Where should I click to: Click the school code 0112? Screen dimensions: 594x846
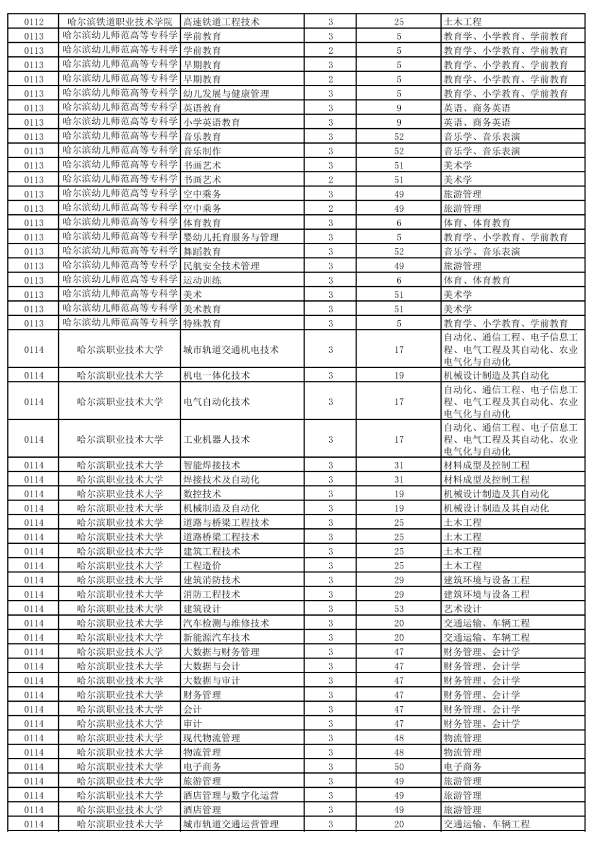pos(34,22)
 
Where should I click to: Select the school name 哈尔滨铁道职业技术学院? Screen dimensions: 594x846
pos(120,22)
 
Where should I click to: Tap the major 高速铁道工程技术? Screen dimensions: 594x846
pos(221,22)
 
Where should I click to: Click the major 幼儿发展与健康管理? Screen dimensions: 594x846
pos(226,94)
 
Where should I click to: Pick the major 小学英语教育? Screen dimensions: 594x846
pos(212,122)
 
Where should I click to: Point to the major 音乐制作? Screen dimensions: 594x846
pos(202,150)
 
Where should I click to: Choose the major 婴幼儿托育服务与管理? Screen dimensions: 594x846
pos(231,237)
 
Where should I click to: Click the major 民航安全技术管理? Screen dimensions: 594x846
pos(221,266)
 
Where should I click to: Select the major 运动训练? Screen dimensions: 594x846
pos(202,280)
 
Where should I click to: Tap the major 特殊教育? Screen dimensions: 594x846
pos(202,323)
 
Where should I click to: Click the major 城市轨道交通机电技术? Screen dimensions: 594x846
pos(231,349)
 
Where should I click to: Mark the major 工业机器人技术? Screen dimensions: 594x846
pos(217,439)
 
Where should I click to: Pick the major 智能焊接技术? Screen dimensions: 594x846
pos(212,465)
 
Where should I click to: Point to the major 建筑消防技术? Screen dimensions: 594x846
pos(212,580)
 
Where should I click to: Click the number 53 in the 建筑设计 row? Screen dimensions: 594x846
pos(398,609)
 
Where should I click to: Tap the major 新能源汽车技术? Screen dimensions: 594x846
pos(217,637)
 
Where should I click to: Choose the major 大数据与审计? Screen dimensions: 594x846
pos(212,681)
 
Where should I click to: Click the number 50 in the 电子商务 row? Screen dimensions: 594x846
pos(398,767)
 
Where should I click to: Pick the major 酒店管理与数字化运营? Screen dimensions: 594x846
pos(231,795)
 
